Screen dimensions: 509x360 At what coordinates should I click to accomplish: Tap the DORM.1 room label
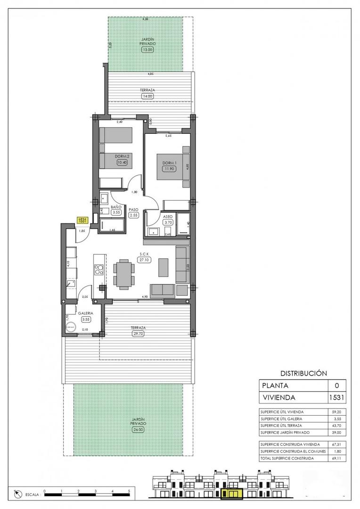click(x=169, y=160)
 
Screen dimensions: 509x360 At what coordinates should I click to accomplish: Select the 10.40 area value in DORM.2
click(x=123, y=163)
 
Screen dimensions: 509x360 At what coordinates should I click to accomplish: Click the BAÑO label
click(x=116, y=207)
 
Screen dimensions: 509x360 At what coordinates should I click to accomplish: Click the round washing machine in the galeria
click(x=72, y=327)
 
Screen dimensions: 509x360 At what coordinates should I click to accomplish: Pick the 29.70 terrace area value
click(x=139, y=334)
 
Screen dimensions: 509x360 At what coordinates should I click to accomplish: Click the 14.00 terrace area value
click(x=147, y=96)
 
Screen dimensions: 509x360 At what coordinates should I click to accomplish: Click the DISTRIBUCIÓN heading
click(x=303, y=373)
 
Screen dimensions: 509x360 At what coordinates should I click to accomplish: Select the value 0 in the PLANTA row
click(x=336, y=385)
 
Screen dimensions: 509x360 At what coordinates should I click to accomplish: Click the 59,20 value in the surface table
click(x=336, y=411)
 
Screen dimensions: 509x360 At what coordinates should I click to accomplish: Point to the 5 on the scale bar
click(x=129, y=491)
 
